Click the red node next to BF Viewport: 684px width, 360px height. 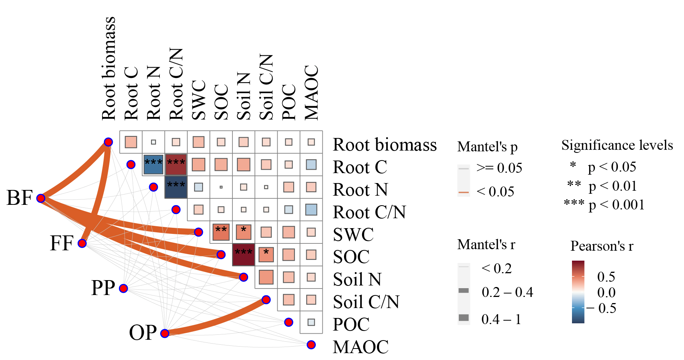41,198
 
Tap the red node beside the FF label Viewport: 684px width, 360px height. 82,243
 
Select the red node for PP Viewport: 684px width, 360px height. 123,288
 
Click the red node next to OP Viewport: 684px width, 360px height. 165,333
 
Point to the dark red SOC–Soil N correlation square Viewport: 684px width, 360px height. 244,255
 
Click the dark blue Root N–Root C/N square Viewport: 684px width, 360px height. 176,187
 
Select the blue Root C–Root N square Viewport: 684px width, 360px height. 153,164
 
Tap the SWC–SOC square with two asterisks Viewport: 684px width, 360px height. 221,232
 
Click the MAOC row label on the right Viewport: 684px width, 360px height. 361,347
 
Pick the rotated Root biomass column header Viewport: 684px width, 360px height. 109,69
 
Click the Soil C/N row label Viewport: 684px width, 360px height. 366,302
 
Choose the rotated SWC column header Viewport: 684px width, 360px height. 199,100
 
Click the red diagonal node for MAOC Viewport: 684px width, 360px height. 311,345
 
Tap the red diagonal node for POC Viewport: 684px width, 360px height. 289,322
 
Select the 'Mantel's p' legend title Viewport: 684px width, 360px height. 487,147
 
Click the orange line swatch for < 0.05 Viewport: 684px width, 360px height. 463,192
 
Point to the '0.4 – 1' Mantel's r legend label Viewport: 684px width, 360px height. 501,319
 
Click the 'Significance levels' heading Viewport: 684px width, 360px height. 617,145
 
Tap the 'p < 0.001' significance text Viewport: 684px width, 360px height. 616,205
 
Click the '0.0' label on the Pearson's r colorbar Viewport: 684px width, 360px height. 606,293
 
